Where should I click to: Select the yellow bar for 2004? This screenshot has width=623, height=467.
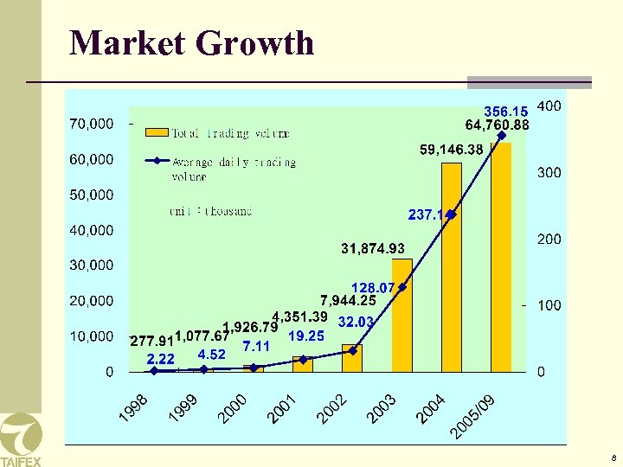(452, 268)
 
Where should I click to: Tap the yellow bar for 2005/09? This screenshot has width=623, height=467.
(501, 258)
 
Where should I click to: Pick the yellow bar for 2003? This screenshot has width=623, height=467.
(402, 316)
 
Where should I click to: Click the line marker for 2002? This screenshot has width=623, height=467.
(352, 350)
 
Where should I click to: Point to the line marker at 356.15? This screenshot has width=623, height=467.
(502, 135)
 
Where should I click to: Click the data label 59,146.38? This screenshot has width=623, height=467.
(451, 150)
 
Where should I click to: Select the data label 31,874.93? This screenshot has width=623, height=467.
(373, 249)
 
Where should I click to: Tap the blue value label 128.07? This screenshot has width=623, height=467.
(372, 287)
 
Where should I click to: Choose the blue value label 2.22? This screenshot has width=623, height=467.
(161, 358)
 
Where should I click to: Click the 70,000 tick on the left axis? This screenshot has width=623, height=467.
(91, 124)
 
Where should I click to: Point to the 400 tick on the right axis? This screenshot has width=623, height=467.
(549, 106)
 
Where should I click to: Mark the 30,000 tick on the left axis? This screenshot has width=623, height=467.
(91, 265)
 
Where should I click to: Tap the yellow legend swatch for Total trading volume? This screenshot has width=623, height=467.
(157, 132)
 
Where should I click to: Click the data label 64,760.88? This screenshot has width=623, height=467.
(497, 125)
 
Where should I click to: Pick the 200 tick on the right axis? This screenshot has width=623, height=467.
(549, 239)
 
